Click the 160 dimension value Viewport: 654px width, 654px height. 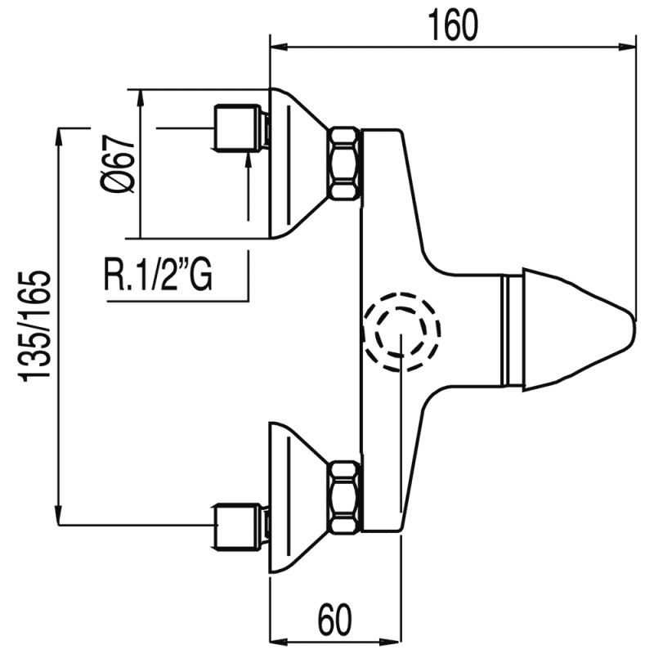(451, 26)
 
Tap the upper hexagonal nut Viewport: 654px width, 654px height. (343, 163)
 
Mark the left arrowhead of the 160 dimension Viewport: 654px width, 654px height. (276, 46)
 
